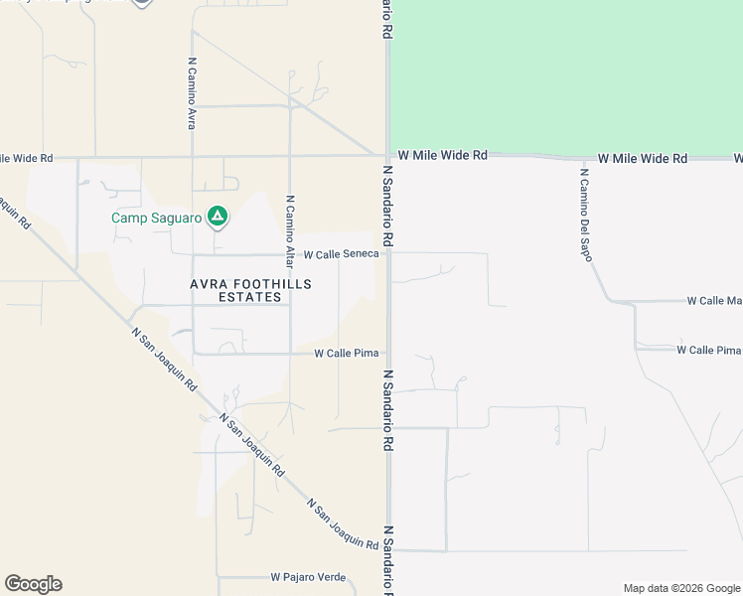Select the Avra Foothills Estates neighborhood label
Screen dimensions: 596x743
pyautogui.click(x=250, y=291)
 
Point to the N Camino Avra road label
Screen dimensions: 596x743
pyautogui.click(x=192, y=92)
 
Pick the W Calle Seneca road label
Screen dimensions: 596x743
pyautogui.click(x=341, y=254)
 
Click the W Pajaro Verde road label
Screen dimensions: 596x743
pyautogui.click(x=308, y=577)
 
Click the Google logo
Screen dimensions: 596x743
pyautogui.click(x=33, y=584)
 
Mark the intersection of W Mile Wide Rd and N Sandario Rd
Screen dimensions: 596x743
pyautogui.click(x=387, y=155)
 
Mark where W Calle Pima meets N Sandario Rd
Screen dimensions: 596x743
pyautogui.click(x=388, y=353)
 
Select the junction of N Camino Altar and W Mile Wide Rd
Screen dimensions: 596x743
pyautogui.click(x=290, y=156)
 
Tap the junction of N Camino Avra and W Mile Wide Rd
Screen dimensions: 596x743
pyautogui.click(x=192, y=157)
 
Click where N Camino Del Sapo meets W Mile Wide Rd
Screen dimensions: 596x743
pyautogui.click(x=578, y=159)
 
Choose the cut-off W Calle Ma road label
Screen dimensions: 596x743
pyautogui.click(x=715, y=300)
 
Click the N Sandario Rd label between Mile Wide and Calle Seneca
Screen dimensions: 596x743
pyautogui.click(x=388, y=206)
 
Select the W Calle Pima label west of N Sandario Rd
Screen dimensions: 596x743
pyautogui.click(x=346, y=353)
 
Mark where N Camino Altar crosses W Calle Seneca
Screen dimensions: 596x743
pyautogui.click(x=290, y=254)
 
